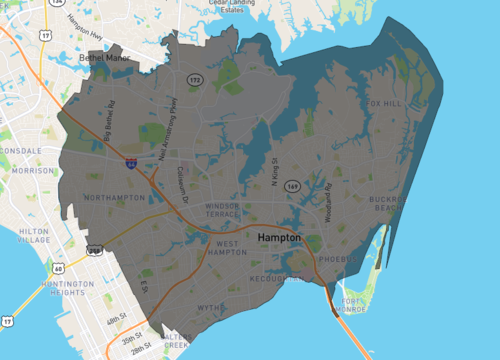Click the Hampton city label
coord(279,238)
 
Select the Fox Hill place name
coord(387,103)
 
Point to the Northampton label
coord(115,198)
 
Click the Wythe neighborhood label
coord(209,308)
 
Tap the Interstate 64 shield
coord(131,161)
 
